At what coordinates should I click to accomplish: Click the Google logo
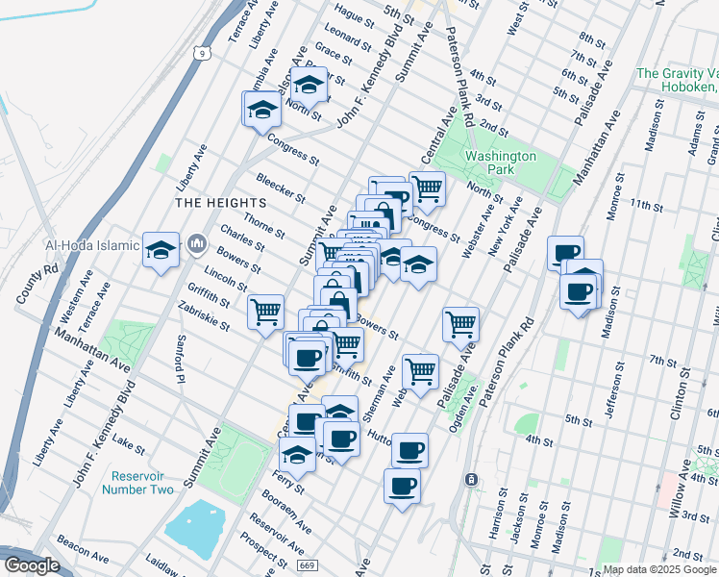[31, 565]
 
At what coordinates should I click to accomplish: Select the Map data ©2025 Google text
[659, 569]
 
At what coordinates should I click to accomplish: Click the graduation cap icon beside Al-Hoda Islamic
[161, 249]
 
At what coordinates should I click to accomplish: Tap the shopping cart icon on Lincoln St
[265, 312]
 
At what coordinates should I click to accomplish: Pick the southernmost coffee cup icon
[402, 486]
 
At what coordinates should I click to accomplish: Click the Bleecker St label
[281, 188]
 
